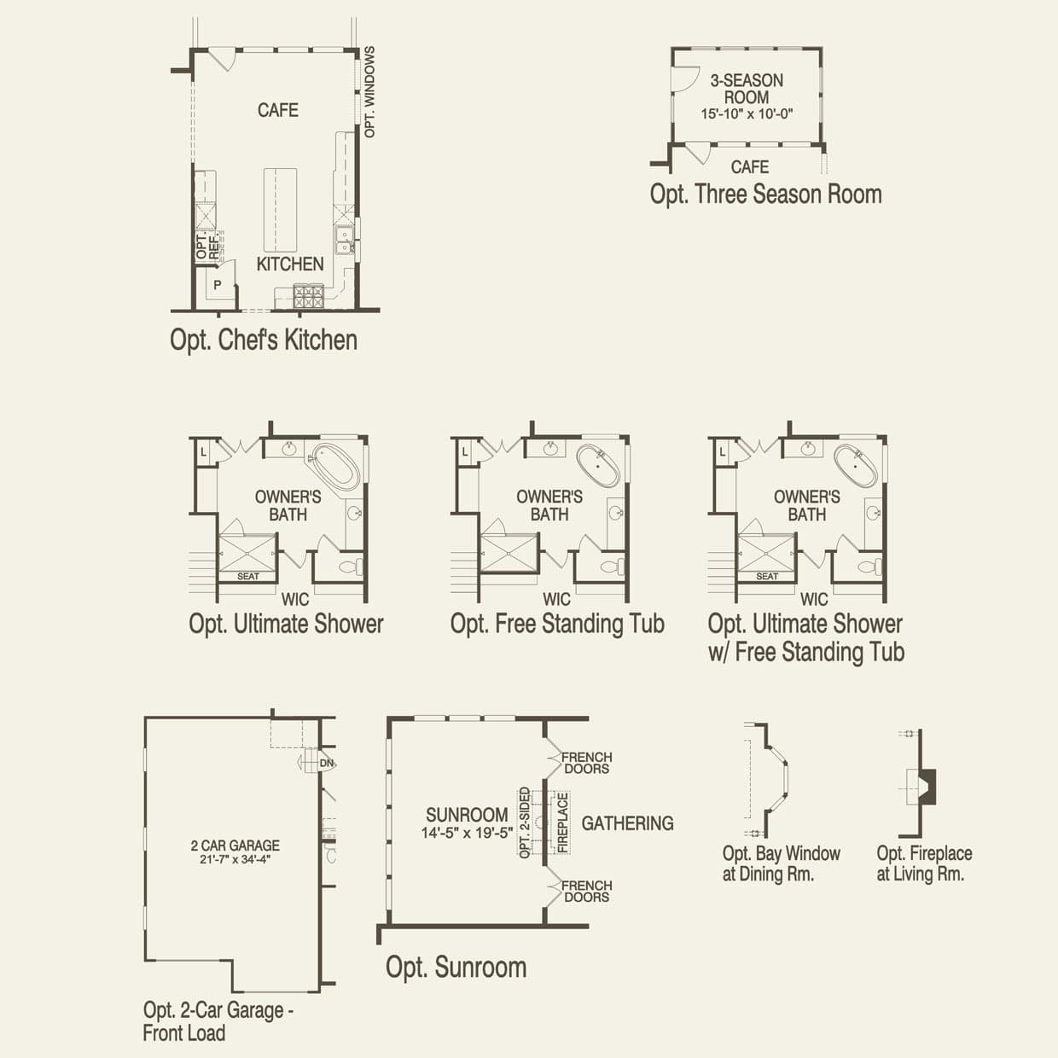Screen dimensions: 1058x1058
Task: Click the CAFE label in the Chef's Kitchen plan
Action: [278, 110]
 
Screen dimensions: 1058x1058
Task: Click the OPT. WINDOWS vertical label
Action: [369, 92]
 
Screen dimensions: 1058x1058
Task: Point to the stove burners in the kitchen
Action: [308, 296]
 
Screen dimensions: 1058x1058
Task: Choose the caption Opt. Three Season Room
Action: [765, 195]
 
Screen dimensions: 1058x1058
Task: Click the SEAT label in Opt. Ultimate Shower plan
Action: [248, 577]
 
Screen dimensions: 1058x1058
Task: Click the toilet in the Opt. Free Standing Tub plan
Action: [611, 567]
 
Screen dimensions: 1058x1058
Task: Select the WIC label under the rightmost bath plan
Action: [814, 600]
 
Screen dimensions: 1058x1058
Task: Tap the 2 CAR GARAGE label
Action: [235, 846]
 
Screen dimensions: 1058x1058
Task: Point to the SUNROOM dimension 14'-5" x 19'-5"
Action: [467, 834]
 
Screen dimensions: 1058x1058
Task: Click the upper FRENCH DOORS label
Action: [586, 763]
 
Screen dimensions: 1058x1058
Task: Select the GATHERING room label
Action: [627, 823]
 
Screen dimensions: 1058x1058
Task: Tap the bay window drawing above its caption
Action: [774, 779]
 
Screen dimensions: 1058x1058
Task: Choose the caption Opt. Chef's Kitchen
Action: [264, 340]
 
